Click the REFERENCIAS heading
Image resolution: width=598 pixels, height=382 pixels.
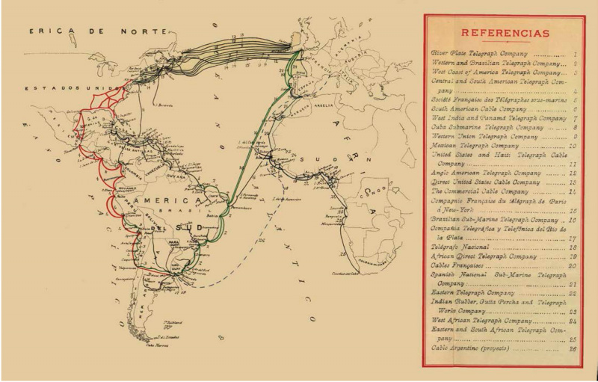tap(505, 34)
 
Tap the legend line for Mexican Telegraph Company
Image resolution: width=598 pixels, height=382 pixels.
tap(476, 146)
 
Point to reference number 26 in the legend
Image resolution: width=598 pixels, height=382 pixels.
tap(573, 348)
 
